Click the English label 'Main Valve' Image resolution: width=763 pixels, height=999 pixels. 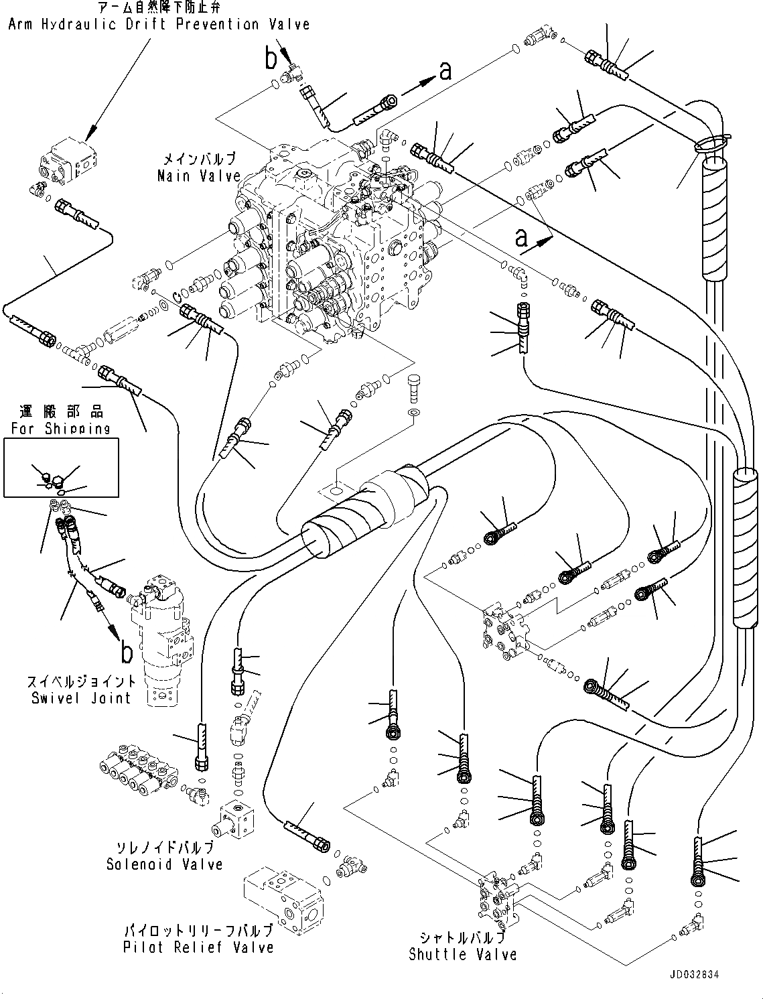pyautogui.click(x=198, y=176)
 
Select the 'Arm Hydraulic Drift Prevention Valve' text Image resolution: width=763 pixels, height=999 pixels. pyautogui.click(x=159, y=25)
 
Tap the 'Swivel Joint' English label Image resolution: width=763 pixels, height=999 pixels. pyautogui.click(x=81, y=698)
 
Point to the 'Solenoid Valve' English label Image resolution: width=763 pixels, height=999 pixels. pyautogui.click(x=164, y=864)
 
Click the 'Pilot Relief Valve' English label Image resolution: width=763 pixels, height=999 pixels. pyautogui.click(x=198, y=947)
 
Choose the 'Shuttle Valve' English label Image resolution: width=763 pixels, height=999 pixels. pyautogui.click(x=462, y=954)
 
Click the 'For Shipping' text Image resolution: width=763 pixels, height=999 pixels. pyautogui.click(x=60, y=429)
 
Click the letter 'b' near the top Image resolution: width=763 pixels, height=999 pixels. pyautogui.click(x=270, y=60)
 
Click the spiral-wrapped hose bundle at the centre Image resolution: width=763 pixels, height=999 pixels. pyautogui.click(x=365, y=513)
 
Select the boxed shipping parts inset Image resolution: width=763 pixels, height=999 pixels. pyautogui.click(x=61, y=468)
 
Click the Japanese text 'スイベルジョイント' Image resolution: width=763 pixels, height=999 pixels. pyautogui.click(x=81, y=682)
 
